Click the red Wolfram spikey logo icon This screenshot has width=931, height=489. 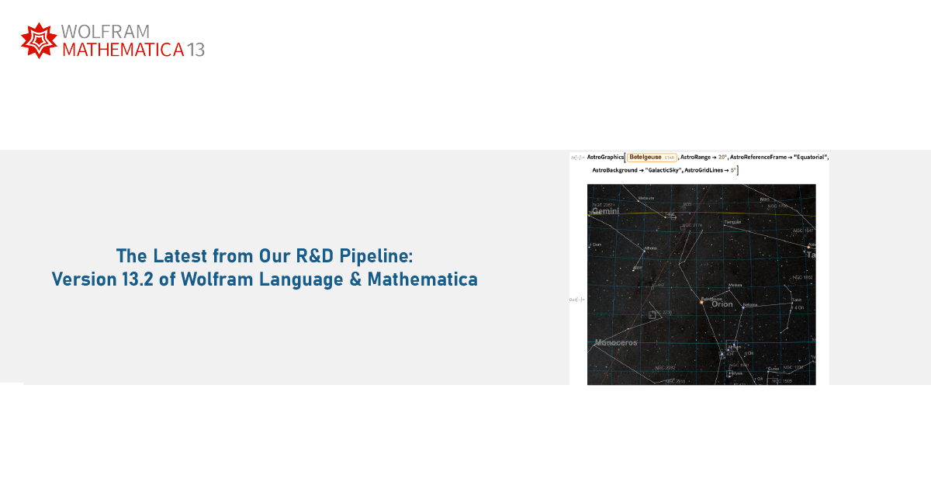click(39, 40)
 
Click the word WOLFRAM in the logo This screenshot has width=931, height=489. click(105, 32)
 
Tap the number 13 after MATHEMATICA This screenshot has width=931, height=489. click(196, 50)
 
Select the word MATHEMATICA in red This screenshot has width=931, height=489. click(123, 50)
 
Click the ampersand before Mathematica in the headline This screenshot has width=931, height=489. click(356, 279)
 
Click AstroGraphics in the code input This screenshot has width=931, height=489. click(605, 157)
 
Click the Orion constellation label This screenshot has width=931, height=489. click(722, 304)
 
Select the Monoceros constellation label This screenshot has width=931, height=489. click(616, 342)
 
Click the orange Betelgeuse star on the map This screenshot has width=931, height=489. click(701, 303)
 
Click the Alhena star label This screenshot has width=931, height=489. click(650, 248)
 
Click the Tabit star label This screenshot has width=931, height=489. click(796, 300)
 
